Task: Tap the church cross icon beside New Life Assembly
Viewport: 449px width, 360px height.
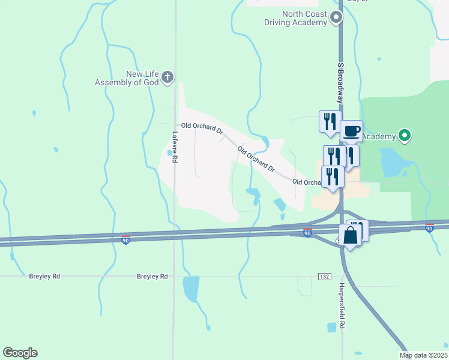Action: click(167, 77)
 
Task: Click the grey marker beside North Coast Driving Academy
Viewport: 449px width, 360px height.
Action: click(337, 19)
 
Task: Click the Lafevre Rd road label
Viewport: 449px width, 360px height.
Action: click(175, 147)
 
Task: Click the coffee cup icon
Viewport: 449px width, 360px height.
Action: click(352, 131)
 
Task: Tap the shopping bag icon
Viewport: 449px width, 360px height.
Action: click(351, 235)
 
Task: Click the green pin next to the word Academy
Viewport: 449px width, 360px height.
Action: click(405, 136)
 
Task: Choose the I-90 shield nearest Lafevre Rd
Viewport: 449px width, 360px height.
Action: click(125, 239)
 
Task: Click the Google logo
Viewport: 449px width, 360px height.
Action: click(20, 353)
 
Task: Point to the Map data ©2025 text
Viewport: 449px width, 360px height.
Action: click(423, 355)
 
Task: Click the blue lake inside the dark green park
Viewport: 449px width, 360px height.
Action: click(391, 161)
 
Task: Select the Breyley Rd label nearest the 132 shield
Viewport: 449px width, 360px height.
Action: click(152, 277)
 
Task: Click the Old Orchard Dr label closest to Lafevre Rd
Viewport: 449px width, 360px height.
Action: click(202, 128)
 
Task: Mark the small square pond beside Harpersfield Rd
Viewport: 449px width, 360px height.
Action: click(332, 328)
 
